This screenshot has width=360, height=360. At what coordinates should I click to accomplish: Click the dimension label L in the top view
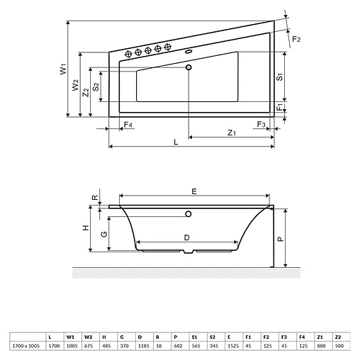tap(176, 142)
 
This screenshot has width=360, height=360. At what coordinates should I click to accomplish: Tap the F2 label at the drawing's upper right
tap(298, 40)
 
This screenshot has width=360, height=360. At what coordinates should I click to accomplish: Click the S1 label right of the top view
tap(281, 77)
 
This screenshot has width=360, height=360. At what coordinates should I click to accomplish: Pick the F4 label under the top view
tap(128, 125)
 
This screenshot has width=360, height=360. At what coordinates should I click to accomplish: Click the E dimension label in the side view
tap(194, 190)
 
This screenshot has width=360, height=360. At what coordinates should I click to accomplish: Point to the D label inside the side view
tap(186, 238)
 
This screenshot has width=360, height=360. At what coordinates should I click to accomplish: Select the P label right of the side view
tap(281, 240)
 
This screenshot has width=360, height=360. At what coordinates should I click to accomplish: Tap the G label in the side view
tap(104, 233)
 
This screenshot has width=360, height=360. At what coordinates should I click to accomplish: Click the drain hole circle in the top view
tap(189, 68)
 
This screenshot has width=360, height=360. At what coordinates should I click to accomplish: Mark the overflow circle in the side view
tap(189, 214)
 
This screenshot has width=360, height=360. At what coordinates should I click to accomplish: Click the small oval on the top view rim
tap(189, 52)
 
